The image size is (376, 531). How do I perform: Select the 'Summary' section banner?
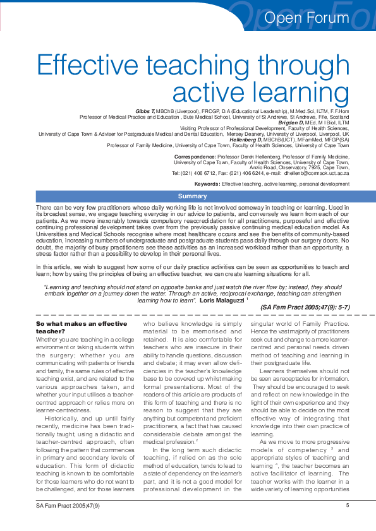click(x=193, y=196)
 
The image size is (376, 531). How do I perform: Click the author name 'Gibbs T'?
click(x=145, y=111)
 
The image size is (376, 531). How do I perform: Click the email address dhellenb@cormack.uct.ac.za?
click(x=317, y=172)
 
